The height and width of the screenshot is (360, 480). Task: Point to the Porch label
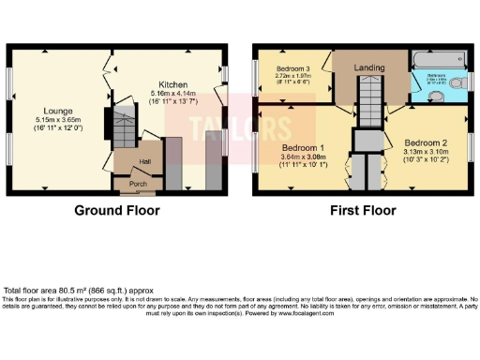(139, 184)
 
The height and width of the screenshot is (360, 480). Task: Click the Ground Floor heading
(117, 211)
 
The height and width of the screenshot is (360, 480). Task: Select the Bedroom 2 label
(430, 146)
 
